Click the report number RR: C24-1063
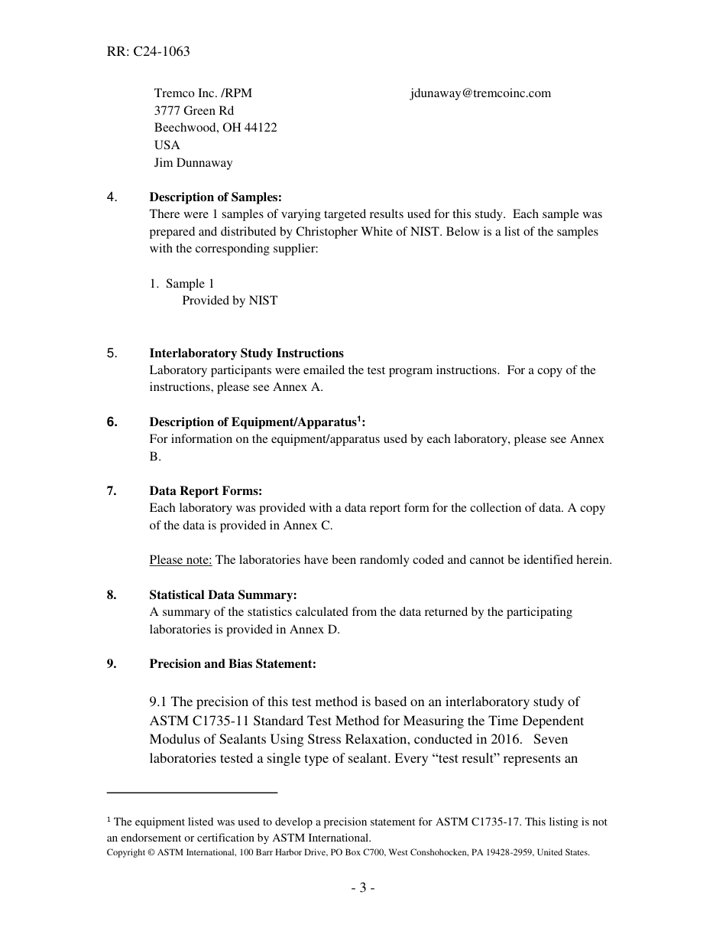pos(148,52)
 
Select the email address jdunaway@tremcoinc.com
pos(480,93)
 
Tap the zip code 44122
pos(261,128)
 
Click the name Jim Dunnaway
pos(193,163)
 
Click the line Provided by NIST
pos(229,301)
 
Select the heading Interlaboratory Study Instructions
pos(246,353)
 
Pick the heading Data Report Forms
pos(206,491)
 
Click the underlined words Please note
pos(180,560)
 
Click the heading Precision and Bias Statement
pos(232,664)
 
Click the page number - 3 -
pos(362,888)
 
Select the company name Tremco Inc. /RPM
pos(203,93)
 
